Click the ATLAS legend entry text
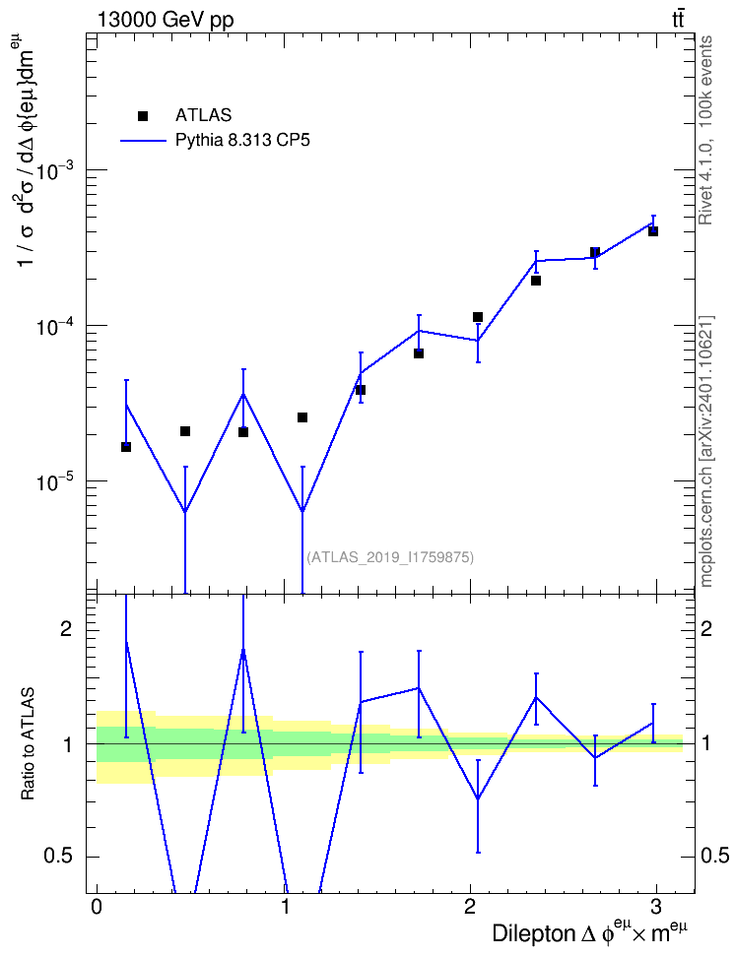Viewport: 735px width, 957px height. click(x=203, y=115)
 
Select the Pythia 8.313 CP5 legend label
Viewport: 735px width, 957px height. click(x=242, y=141)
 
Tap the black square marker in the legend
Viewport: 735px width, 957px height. click(x=143, y=116)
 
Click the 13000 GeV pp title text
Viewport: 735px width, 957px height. click(x=165, y=20)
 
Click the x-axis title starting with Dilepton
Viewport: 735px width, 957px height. click(x=589, y=932)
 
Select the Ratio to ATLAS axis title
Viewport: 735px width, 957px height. click(x=28, y=744)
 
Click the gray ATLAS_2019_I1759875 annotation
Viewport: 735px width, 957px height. click(x=390, y=557)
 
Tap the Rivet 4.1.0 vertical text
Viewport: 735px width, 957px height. click(x=705, y=131)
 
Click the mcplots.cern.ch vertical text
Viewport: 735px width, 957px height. click(x=706, y=451)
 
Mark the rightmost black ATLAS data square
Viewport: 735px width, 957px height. click(x=653, y=231)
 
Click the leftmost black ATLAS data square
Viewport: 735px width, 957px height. click(x=126, y=447)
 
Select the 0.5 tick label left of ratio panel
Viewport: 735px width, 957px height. click(x=58, y=857)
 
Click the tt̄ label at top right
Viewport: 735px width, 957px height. click(x=677, y=19)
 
